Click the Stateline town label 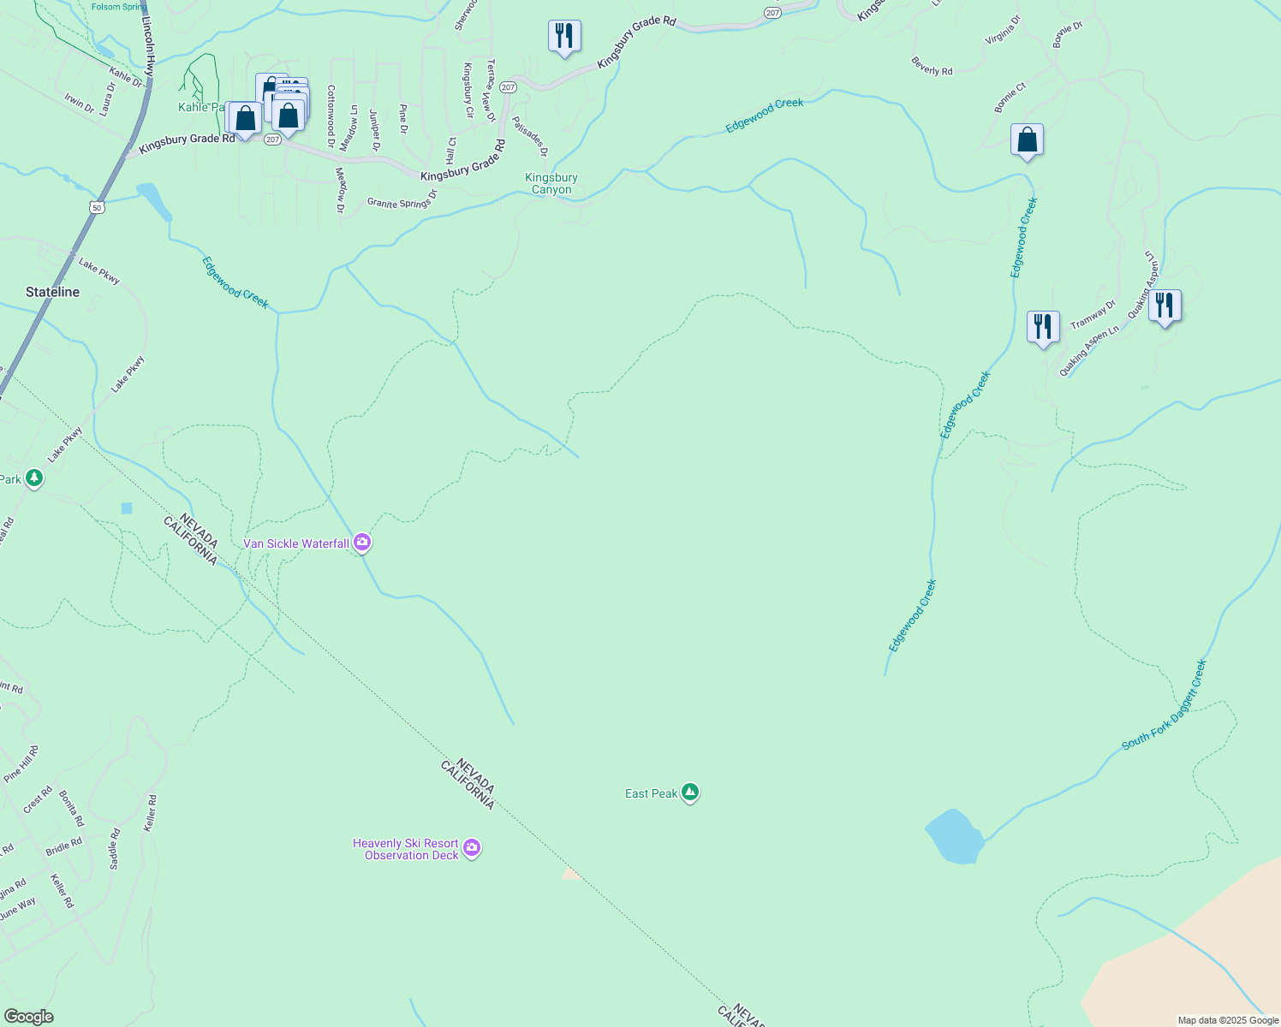point(52,292)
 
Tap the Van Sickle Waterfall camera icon point(362,543)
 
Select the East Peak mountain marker point(690,793)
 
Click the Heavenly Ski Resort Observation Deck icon point(471,848)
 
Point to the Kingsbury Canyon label point(551,183)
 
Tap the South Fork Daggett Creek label point(1164,704)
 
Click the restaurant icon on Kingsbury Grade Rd point(563,36)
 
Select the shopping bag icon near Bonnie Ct point(1027,140)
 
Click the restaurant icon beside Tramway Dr point(1042,327)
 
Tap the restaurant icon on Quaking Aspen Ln point(1165,306)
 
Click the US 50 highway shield point(98,207)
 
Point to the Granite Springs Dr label point(402,199)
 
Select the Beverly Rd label point(932,66)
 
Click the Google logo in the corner point(28,1016)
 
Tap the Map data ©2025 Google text point(1227,1019)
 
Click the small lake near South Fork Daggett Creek point(955,836)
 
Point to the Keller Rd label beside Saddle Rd point(151,813)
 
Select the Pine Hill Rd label point(21,763)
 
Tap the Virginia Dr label point(1003,30)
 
